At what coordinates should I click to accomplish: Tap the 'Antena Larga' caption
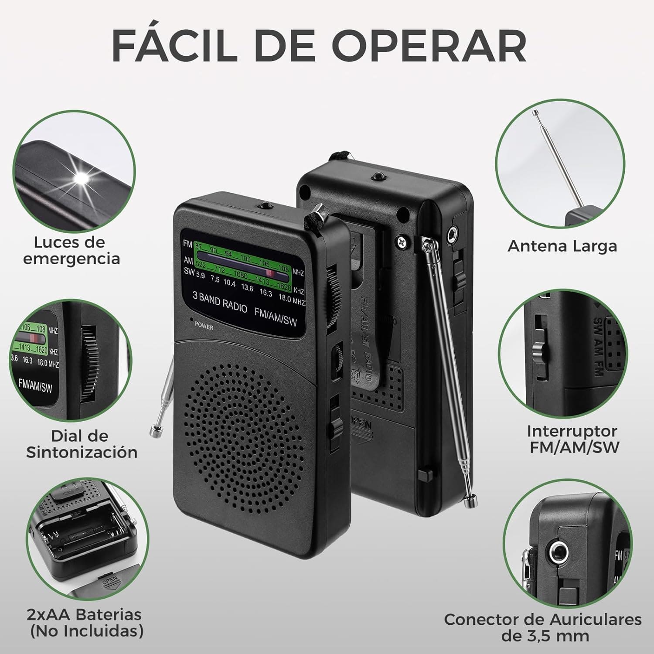[x=562, y=246]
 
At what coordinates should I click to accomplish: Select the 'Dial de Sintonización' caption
[x=82, y=444]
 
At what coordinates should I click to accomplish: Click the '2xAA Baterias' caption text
[x=84, y=614]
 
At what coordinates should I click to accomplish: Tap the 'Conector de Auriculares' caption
[x=542, y=620]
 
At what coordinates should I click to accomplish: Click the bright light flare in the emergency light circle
[x=82, y=178]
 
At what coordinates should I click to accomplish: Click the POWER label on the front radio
[x=204, y=326]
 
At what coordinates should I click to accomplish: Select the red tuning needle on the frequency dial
[x=269, y=273]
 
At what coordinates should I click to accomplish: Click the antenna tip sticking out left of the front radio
[x=154, y=432]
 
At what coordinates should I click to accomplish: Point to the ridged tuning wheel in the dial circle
[x=90, y=364]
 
